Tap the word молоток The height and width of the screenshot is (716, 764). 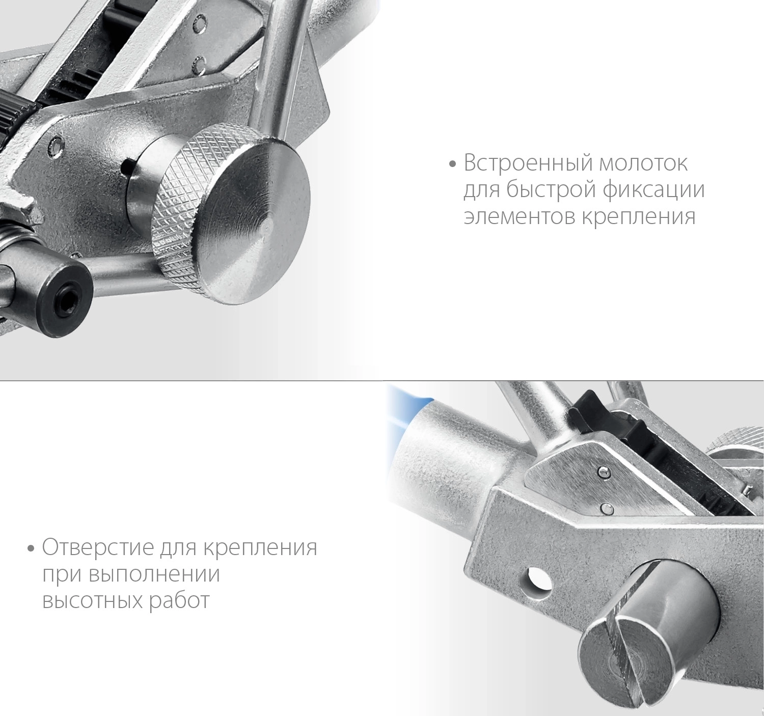638,163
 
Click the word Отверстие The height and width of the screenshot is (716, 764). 98,548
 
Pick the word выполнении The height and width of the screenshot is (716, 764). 154,574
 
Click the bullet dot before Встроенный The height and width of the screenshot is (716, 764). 452,164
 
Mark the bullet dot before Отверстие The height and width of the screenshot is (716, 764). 32,549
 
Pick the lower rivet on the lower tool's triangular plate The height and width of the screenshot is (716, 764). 606,508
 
